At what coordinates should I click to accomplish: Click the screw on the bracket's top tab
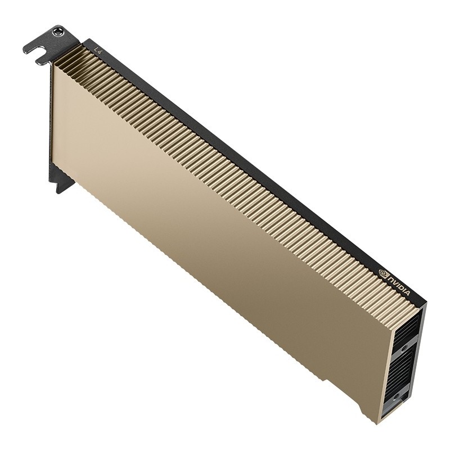57,33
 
